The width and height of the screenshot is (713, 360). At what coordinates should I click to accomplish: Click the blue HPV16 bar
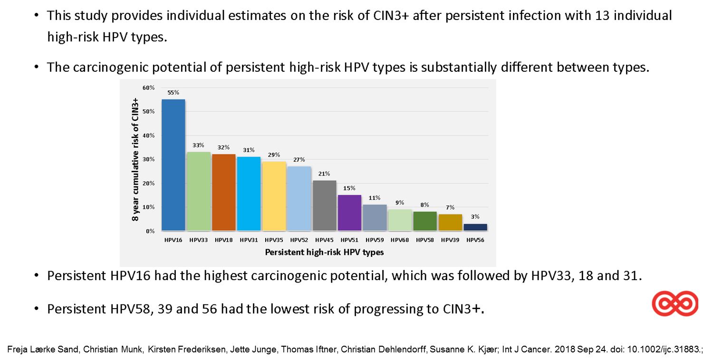[x=173, y=165]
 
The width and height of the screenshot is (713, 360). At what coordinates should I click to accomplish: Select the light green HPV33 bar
[x=199, y=191]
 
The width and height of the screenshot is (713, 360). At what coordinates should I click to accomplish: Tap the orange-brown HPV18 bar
[x=224, y=192]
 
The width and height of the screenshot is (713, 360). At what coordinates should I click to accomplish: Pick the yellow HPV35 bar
[x=274, y=196]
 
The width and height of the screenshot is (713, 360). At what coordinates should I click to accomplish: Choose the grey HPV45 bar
[x=325, y=205]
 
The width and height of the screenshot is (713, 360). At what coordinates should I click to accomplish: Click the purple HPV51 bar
[x=350, y=213]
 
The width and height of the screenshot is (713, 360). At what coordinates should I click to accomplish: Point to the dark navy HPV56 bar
[x=476, y=227]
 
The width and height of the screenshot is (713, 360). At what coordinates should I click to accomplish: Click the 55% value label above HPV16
[x=173, y=93]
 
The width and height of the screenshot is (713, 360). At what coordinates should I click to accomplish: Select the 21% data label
[x=325, y=174]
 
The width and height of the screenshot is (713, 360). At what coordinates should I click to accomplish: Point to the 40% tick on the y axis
[x=148, y=136]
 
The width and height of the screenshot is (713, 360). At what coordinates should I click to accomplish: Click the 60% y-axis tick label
[x=148, y=88]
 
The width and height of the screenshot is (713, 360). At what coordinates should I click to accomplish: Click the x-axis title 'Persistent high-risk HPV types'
[x=324, y=253]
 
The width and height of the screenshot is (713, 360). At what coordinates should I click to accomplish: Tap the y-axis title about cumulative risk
[x=135, y=160]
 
